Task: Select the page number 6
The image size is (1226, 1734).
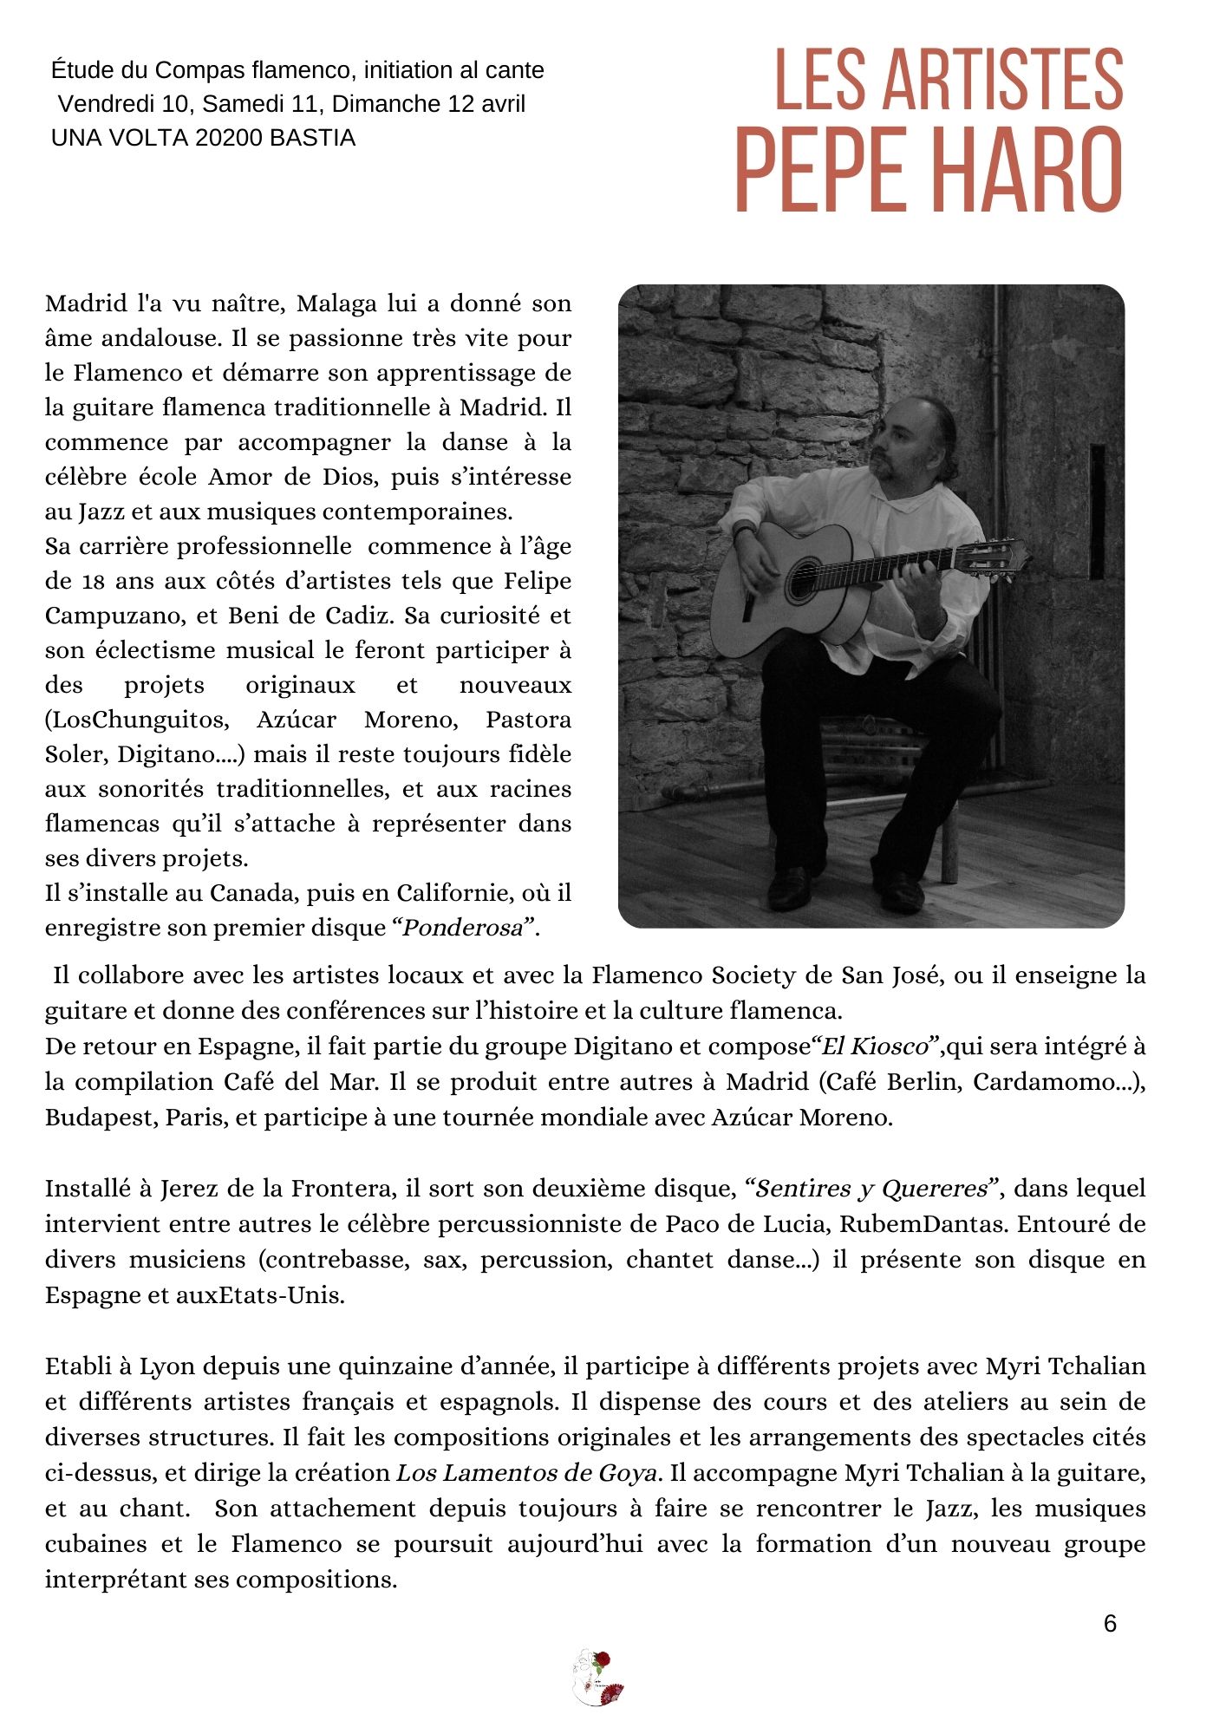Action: pyautogui.click(x=1110, y=1624)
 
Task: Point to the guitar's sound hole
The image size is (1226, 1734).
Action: pyautogui.click(x=803, y=580)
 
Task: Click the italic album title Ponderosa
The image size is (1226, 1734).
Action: pyautogui.click(x=463, y=929)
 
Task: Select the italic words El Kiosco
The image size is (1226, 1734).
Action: pyautogui.click(x=874, y=1046)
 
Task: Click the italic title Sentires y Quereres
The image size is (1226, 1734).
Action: pyautogui.click(x=871, y=1189)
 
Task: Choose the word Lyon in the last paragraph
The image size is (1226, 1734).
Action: pyautogui.click(x=166, y=1366)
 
